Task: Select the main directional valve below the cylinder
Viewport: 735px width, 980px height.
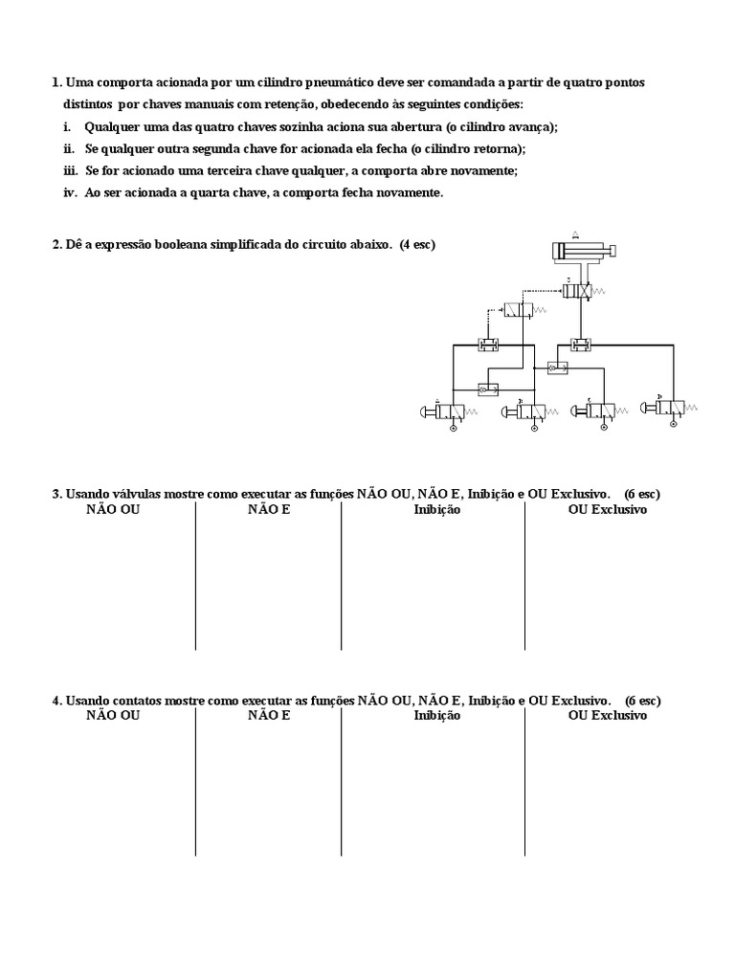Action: [x=579, y=289]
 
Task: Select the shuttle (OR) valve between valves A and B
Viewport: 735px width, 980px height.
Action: [x=488, y=389]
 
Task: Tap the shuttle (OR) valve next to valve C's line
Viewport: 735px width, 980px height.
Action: [x=556, y=367]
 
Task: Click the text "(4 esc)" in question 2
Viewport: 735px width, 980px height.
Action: [x=418, y=245]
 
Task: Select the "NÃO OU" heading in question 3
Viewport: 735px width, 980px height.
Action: [x=113, y=510]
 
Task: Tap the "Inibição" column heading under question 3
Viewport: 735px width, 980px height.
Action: [x=436, y=510]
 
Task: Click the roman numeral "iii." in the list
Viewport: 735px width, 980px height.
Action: [x=68, y=170]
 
